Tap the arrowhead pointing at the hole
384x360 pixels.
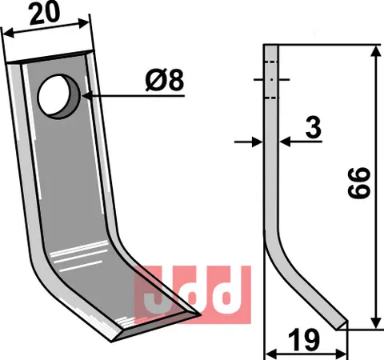click(84, 95)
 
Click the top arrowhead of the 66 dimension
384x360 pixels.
click(374, 50)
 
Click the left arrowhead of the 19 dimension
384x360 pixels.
click(269, 352)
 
